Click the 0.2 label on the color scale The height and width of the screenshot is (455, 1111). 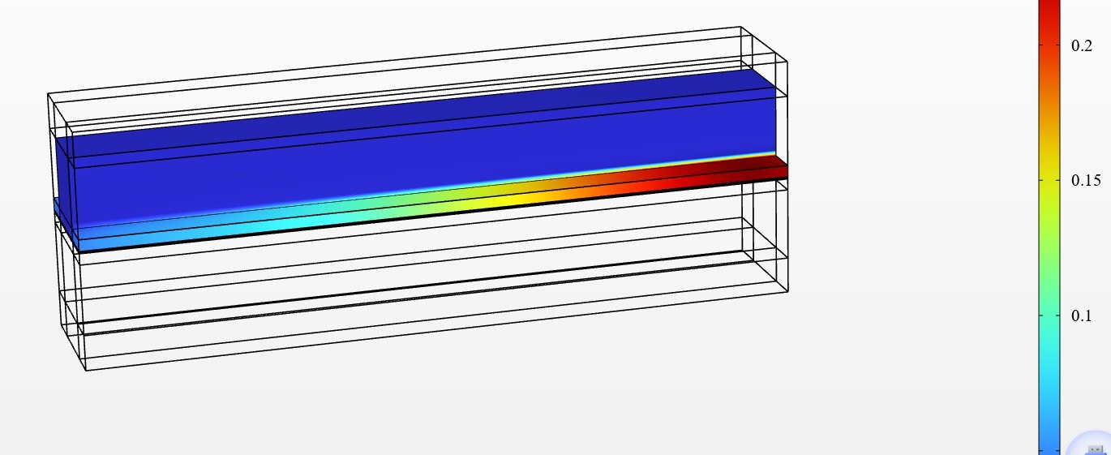click(x=1082, y=45)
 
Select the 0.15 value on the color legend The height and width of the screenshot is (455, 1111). click(x=1086, y=180)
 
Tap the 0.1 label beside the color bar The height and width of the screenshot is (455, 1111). click(x=1081, y=315)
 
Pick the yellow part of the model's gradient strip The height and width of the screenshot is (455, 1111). click(x=516, y=200)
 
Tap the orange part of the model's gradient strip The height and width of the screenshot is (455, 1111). click(x=605, y=188)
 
